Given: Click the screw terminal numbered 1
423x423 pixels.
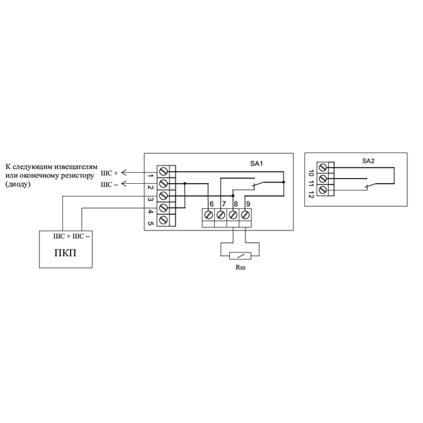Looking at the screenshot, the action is [163, 172].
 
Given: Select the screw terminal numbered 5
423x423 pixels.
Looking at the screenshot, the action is [163, 220].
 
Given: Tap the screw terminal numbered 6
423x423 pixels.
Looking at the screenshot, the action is [209, 215].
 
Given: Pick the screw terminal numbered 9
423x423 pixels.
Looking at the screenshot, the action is [245, 215].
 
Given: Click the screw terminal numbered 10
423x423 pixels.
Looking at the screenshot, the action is [323, 167].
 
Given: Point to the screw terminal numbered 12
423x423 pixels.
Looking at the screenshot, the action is [323, 190].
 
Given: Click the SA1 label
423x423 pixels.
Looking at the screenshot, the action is [256, 163].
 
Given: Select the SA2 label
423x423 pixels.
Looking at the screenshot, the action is [368, 161].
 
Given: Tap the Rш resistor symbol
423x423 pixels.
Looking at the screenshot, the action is [240, 256].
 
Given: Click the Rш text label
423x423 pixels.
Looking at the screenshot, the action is [241, 267].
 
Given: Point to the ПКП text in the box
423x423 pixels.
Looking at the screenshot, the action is [65, 253].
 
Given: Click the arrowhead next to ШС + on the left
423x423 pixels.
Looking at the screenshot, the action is [124, 172].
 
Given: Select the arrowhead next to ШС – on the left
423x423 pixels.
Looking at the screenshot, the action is [124, 184].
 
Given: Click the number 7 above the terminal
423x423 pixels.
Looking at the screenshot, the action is [224, 204].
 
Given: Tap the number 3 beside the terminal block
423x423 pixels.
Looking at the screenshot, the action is [150, 199].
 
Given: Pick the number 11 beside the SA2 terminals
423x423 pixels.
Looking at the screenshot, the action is [311, 184].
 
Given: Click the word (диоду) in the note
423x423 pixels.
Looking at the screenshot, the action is [18, 184].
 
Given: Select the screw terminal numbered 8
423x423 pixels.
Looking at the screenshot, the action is [233, 215].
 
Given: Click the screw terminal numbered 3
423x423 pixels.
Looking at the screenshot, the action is [163, 196].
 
